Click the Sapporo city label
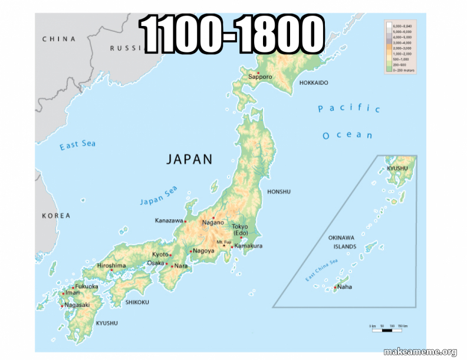[x=260, y=77]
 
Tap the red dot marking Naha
[x=335, y=288]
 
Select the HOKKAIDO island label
[x=314, y=83]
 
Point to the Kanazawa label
[x=169, y=221]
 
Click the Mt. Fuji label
[x=223, y=242]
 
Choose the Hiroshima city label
[x=111, y=266]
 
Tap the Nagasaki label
[x=77, y=305]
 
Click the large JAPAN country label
[x=189, y=159]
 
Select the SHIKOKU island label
[x=137, y=302]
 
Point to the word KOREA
[x=56, y=216]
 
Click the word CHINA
[x=59, y=39]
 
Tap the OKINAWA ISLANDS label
[x=342, y=242]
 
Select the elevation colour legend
[x=400, y=47]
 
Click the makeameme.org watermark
[x=420, y=352]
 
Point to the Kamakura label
[x=248, y=246]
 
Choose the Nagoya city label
[x=203, y=251]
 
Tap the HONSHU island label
[x=279, y=191]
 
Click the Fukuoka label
[x=87, y=286]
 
